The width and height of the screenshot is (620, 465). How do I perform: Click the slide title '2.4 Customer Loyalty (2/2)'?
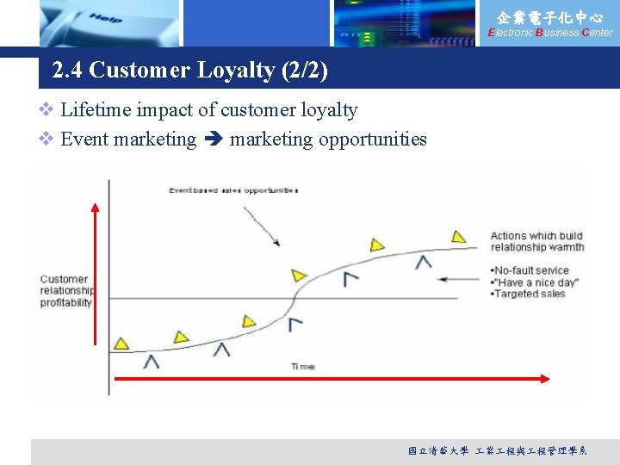[189, 70]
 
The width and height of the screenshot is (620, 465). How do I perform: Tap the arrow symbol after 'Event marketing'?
[214, 139]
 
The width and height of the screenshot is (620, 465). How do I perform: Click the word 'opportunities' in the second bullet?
[372, 139]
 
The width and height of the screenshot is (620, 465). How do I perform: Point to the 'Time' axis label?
[302, 367]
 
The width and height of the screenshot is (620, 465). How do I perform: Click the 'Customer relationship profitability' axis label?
[65, 291]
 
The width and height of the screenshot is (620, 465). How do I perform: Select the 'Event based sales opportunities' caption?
[232, 189]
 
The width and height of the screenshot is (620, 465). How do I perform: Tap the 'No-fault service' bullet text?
[532, 270]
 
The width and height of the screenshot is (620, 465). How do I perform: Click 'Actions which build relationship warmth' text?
[536, 241]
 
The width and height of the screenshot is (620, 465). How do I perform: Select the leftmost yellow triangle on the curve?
[121, 344]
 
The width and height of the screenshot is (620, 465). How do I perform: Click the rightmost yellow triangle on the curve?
[458, 236]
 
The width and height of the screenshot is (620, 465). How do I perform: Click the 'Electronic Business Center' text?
[550, 33]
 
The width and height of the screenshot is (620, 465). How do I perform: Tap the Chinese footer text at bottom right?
[497, 450]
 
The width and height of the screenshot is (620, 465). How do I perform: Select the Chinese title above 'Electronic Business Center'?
[549, 16]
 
